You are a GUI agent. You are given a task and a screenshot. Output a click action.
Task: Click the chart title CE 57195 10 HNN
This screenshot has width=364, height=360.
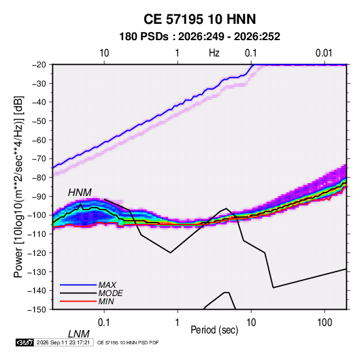[199, 19]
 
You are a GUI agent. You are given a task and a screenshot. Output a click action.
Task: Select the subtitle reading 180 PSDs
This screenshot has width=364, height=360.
[144, 37]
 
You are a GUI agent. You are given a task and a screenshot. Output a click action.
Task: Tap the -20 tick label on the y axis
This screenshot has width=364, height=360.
[39, 65]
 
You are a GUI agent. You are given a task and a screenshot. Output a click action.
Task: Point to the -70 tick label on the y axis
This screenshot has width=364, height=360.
[39, 159]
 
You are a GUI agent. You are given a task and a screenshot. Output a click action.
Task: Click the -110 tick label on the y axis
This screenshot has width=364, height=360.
[37, 234]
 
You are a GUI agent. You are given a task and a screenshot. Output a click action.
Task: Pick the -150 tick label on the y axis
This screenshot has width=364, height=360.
[37, 310]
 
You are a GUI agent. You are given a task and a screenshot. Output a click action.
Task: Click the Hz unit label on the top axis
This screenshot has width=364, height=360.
[214, 53]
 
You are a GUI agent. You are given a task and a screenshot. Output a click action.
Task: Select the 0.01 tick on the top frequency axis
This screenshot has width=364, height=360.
[324, 53]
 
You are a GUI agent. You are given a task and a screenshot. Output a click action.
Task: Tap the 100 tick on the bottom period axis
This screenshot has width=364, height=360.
[325, 323]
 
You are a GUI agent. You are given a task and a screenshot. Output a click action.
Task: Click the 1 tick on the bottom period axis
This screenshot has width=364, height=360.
[177, 323]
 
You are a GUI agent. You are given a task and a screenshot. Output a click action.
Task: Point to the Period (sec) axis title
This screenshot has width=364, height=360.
[214, 330]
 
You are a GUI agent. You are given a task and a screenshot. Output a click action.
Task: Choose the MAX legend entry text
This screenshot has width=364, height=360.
[107, 284]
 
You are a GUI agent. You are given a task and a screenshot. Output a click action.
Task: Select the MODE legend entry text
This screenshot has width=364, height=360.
[110, 293]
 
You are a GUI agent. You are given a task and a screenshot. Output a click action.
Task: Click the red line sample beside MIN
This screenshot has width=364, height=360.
[78, 301]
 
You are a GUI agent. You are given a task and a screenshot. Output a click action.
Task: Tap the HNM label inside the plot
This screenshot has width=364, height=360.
[80, 193]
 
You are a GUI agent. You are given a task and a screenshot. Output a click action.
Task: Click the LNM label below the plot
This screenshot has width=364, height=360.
[79, 334]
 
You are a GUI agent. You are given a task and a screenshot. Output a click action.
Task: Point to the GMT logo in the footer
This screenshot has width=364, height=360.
[24, 342]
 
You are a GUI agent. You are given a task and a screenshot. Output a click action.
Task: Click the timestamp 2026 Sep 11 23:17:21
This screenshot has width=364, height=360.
[63, 342]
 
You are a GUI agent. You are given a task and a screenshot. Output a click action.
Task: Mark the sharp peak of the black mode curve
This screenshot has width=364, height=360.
[80, 203]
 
